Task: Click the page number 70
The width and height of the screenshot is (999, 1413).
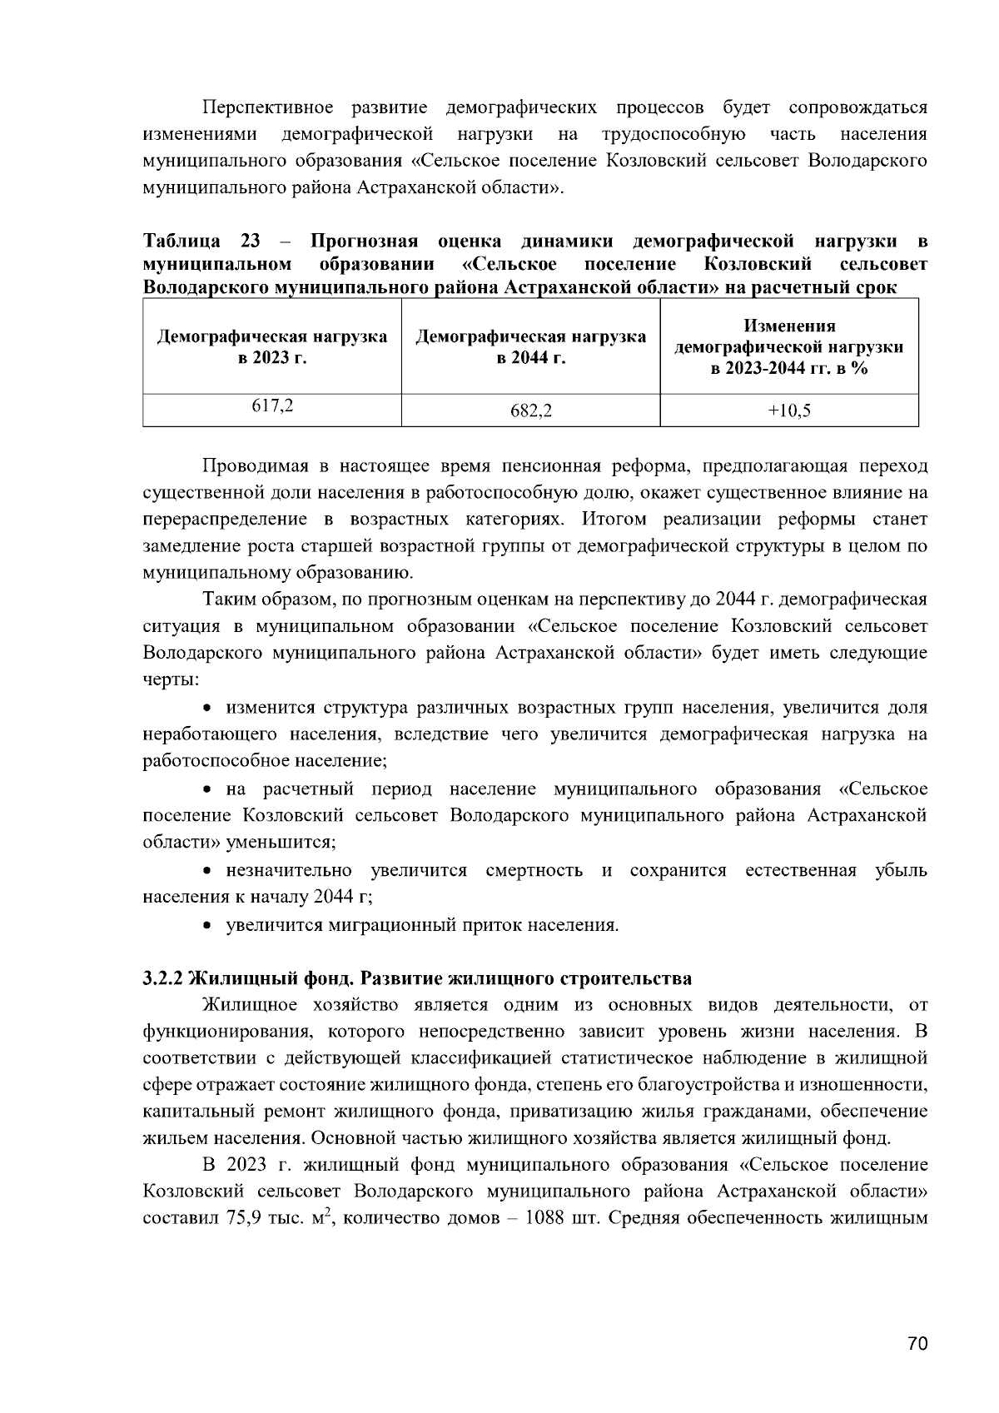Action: pos(917,1344)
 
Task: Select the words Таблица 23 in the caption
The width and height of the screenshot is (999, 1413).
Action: pos(201,241)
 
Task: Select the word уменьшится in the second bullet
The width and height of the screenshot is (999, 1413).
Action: pos(292,842)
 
